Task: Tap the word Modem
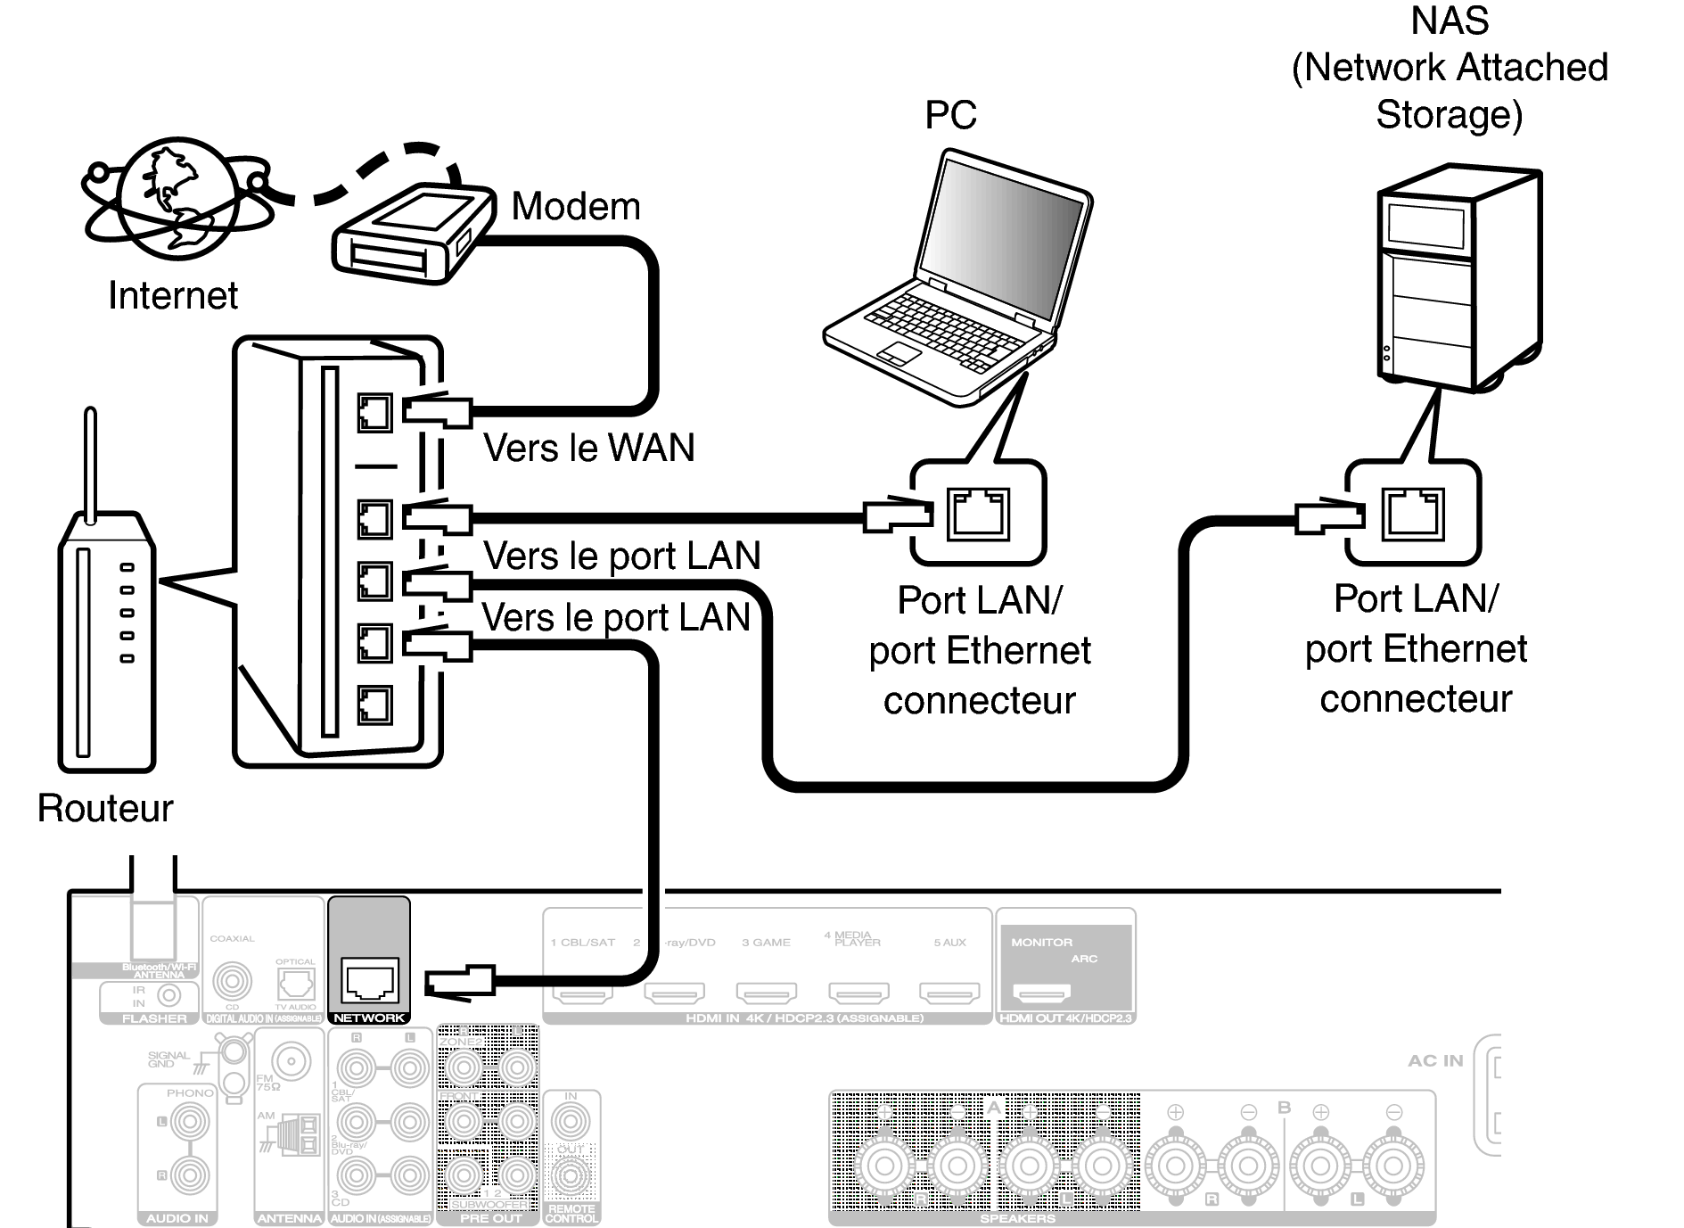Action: coord(576,207)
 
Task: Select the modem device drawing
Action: coord(413,235)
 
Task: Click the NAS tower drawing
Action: coord(1458,276)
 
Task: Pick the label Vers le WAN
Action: coord(588,448)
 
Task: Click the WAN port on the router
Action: coord(374,413)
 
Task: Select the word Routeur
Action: coord(105,808)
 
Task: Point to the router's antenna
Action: coord(90,464)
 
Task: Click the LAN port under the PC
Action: coord(978,514)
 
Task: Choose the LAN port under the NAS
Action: coord(1413,514)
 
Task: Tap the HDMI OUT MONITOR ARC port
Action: coord(1043,992)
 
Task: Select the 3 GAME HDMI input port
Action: coord(767,992)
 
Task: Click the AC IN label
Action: coord(1435,1060)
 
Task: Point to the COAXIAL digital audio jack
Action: coord(232,982)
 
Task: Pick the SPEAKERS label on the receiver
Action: coord(1017,1218)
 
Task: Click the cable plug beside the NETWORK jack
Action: coord(460,981)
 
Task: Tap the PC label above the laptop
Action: coord(950,115)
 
